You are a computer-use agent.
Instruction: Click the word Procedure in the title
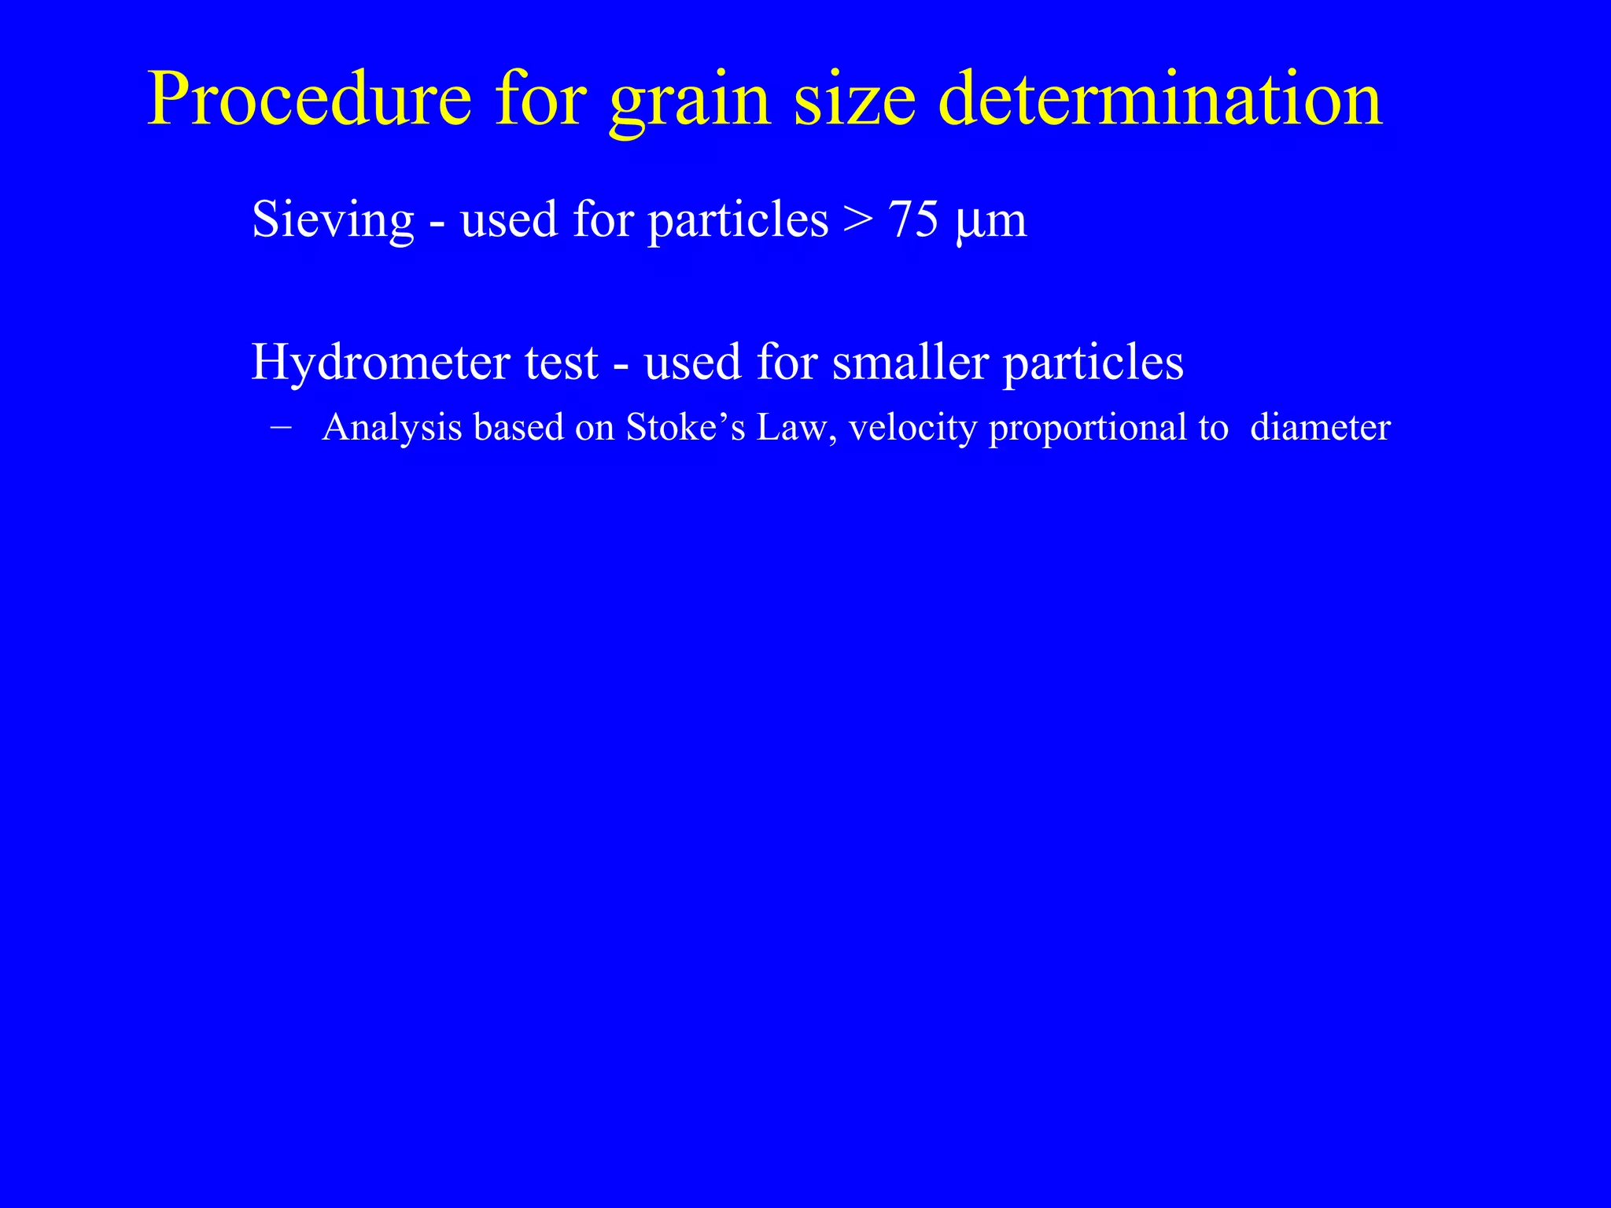pyautogui.click(x=309, y=101)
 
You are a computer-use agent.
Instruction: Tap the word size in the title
pyautogui.click(x=855, y=101)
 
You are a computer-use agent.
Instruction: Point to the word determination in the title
pyautogui.click(x=1160, y=101)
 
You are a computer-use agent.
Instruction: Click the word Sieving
pyautogui.click(x=332, y=220)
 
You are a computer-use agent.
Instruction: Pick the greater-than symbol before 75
pyautogui.click(x=857, y=220)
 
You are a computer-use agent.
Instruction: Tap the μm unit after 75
pyautogui.click(x=990, y=222)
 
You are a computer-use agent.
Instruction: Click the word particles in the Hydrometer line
pyautogui.click(x=1093, y=365)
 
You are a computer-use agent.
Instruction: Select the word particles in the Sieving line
pyautogui.click(x=738, y=220)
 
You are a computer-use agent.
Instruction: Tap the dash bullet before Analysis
pyautogui.click(x=279, y=427)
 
